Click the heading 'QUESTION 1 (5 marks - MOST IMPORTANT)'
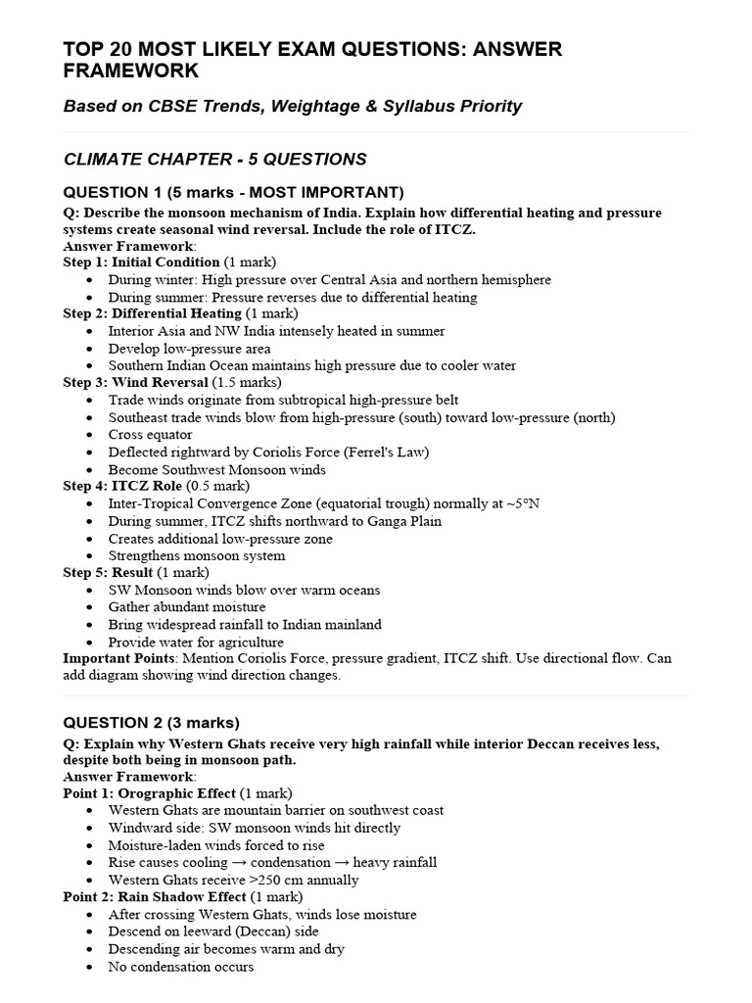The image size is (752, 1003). [x=233, y=192]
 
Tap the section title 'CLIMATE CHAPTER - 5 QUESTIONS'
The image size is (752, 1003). [x=214, y=159]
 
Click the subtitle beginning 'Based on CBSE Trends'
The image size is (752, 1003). [x=292, y=106]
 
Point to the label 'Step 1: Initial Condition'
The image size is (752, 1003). [x=141, y=263]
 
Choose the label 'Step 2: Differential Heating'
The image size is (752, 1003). [x=152, y=313]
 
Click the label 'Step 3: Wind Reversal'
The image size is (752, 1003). [x=136, y=382]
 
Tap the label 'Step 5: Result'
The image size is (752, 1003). [x=108, y=572]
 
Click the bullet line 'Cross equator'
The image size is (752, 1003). [x=151, y=435]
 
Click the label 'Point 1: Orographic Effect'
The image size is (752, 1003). [x=149, y=792]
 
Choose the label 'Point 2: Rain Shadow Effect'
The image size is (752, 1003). [x=155, y=896]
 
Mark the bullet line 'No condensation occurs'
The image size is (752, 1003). [x=181, y=967]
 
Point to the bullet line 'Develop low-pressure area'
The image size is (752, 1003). [x=190, y=349]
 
